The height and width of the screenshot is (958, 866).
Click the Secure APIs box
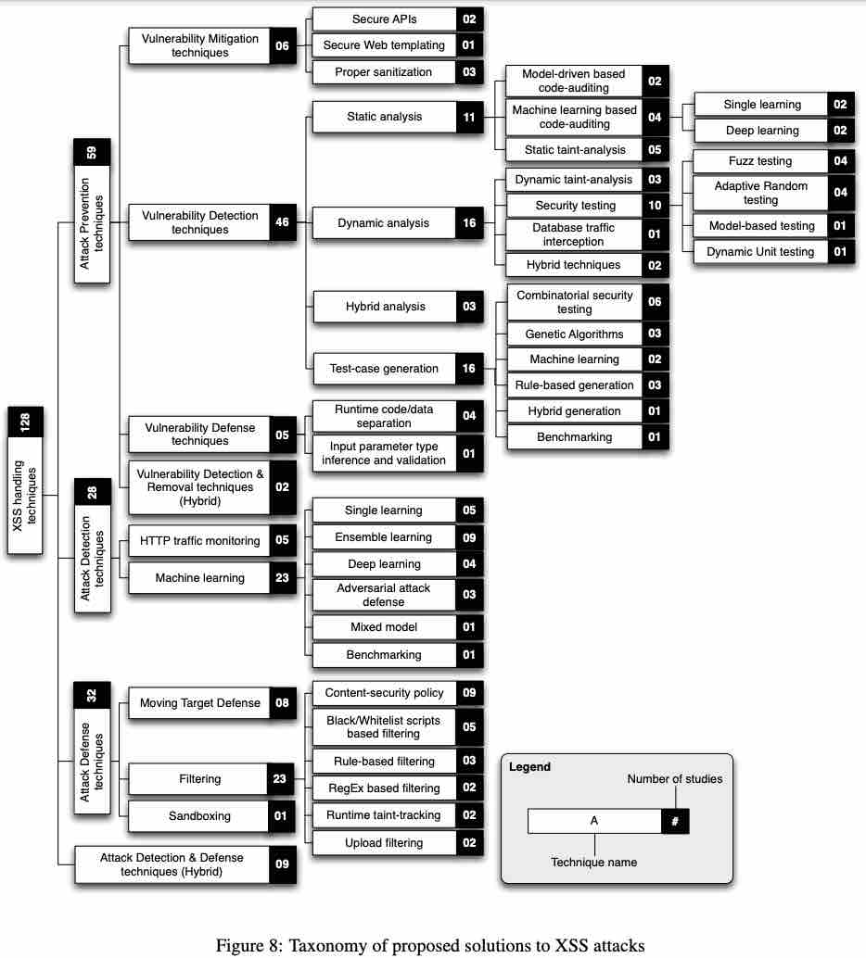[x=384, y=19]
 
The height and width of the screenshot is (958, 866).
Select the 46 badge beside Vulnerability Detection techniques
[x=283, y=222]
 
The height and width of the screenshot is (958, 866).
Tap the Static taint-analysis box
[x=574, y=150]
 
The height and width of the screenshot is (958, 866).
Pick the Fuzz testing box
[x=760, y=161]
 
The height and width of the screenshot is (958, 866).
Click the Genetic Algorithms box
[x=574, y=334]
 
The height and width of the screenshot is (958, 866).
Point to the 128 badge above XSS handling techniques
[x=25, y=423]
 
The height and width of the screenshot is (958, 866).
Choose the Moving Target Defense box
[x=199, y=703]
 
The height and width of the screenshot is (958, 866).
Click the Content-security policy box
[x=384, y=693]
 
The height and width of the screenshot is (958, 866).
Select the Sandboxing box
[x=199, y=816]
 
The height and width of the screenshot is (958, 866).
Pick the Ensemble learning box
[x=384, y=537]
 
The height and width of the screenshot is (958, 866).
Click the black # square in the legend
[x=675, y=821]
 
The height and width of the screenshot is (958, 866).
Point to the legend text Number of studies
[x=674, y=779]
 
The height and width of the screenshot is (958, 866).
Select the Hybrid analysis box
[x=384, y=307]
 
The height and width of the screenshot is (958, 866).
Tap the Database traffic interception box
[x=574, y=234]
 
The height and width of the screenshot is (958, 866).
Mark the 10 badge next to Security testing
[x=655, y=206]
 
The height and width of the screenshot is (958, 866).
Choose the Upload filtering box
[x=384, y=843]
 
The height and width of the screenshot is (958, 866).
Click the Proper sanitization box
[x=384, y=72]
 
